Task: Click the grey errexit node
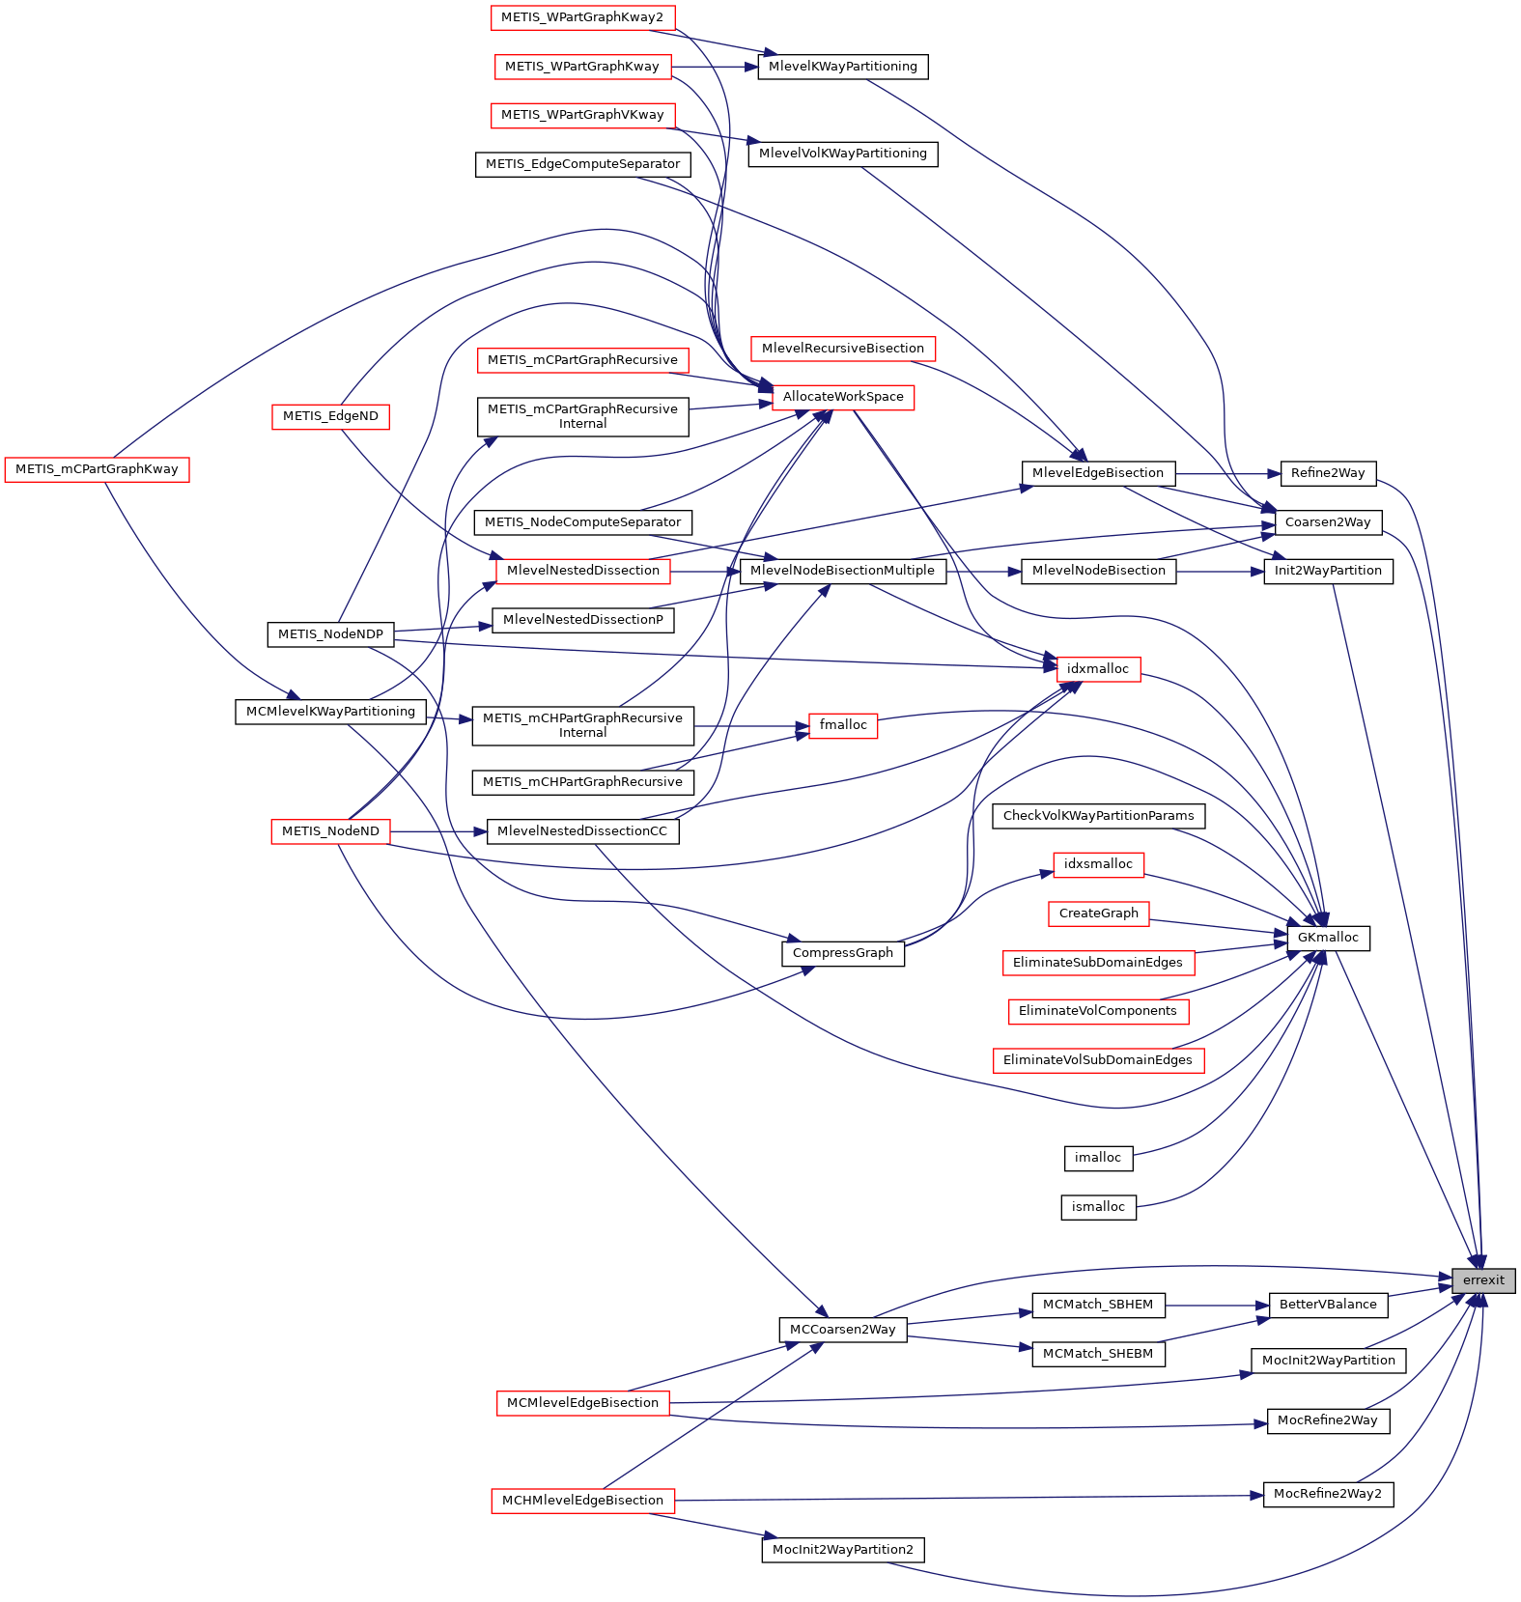[x=1483, y=1280]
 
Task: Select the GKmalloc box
[x=1328, y=938]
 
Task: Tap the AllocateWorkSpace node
[x=843, y=397]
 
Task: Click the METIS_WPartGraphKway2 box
[x=582, y=17]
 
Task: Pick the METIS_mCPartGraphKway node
[x=97, y=469]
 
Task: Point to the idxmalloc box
[x=1098, y=669]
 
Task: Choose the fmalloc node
[x=843, y=725]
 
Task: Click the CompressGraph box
[x=842, y=953]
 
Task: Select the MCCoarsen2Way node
[x=842, y=1330]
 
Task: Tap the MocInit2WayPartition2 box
[x=843, y=1550]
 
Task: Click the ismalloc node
[x=1098, y=1207]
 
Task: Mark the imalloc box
[x=1098, y=1158]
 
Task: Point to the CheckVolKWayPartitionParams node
[x=1098, y=816]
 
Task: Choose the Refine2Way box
[x=1328, y=473]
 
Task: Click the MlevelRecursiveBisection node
[x=843, y=349]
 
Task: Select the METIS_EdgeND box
[x=330, y=416]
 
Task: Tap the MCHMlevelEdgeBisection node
[x=582, y=1501]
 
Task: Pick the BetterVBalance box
[x=1328, y=1305]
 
